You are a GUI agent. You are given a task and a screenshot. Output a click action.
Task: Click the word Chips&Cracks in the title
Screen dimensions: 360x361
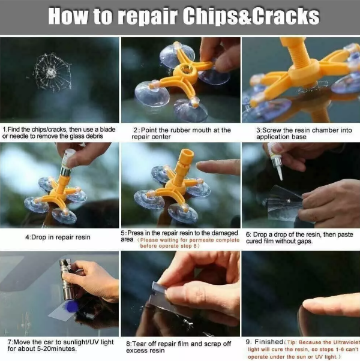pyautogui.click(x=251, y=16)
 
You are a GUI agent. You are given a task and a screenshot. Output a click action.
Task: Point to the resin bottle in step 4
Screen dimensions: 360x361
pyautogui.click(x=67, y=162)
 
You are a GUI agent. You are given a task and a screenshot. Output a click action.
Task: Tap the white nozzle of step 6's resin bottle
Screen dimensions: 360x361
pyautogui.click(x=280, y=172)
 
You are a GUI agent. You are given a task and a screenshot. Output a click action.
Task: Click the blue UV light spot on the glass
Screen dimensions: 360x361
pyautogui.click(x=71, y=306)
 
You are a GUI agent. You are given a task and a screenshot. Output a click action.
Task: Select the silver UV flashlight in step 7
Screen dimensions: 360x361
pyautogui.click(x=67, y=279)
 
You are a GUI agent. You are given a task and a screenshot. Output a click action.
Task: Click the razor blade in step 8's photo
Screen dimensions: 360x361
pyautogui.click(x=159, y=297)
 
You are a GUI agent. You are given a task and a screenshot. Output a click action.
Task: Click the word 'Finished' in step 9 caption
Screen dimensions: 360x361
pyautogui.click(x=269, y=342)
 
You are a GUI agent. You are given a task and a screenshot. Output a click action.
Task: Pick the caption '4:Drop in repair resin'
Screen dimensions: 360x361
pyautogui.click(x=58, y=237)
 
